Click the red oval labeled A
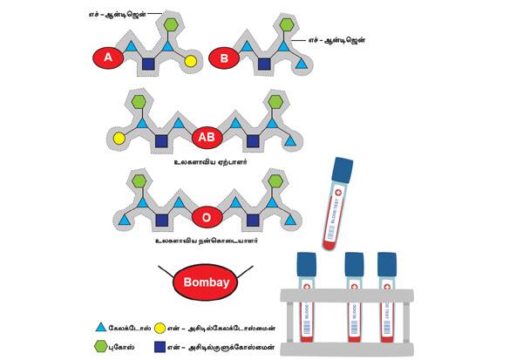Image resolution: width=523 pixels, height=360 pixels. click(x=108, y=58)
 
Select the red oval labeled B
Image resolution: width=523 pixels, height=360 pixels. click(x=226, y=58)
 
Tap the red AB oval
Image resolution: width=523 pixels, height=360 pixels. click(x=206, y=138)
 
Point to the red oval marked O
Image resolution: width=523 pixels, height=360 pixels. click(x=206, y=214)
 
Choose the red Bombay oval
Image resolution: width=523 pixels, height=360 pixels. click(x=205, y=282)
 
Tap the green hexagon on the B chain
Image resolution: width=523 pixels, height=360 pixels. click(x=287, y=25)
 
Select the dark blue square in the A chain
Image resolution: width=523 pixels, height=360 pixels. click(x=148, y=65)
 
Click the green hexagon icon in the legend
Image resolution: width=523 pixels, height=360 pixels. click(x=104, y=347)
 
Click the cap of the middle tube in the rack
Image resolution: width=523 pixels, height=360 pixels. click(x=354, y=264)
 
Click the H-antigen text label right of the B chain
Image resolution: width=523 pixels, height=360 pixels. click(x=337, y=41)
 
